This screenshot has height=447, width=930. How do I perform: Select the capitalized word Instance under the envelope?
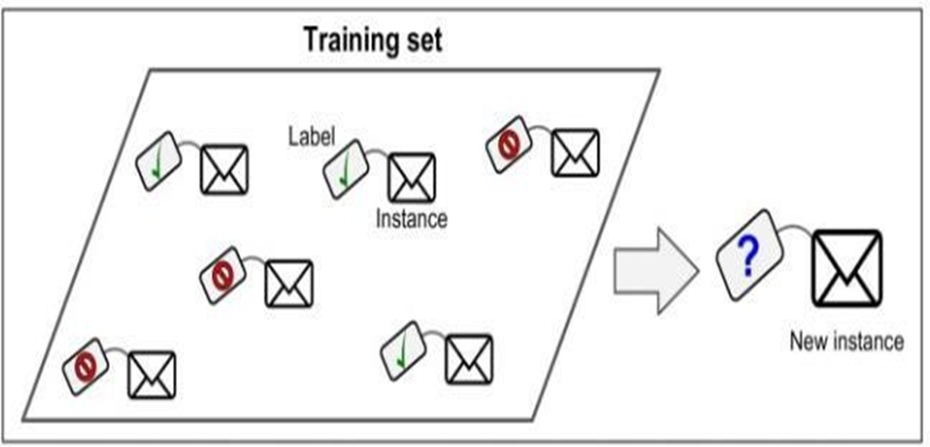pyautogui.click(x=412, y=219)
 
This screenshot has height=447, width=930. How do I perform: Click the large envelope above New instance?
pyautogui.click(x=846, y=268)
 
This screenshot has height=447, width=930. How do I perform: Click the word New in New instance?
pyautogui.click(x=807, y=342)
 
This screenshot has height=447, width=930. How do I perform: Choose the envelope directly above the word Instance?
pyautogui.click(x=412, y=178)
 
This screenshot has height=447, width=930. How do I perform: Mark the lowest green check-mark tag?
pyautogui.click(x=403, y=351)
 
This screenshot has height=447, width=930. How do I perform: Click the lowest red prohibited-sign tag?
pyautogui.click(x=85, y=367)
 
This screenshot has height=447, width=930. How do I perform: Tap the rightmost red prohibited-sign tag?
pyautogui.click(x=509, y=144)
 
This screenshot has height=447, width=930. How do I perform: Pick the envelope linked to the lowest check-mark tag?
pyautogui.click(x=469, y=360)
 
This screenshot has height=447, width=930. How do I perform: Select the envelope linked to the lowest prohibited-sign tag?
pyautogui.click(x=152, y=375)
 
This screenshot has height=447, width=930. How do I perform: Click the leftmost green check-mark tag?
pyautogui.click(x=159, y=161)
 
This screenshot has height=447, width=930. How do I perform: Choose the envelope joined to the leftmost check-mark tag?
pyautogui.click(x=224, y=169)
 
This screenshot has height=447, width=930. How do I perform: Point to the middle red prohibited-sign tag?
pyautogui.click(x=222, y=275)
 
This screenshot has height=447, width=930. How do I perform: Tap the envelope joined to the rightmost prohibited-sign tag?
pyautogui.click(x=575, y=153)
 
